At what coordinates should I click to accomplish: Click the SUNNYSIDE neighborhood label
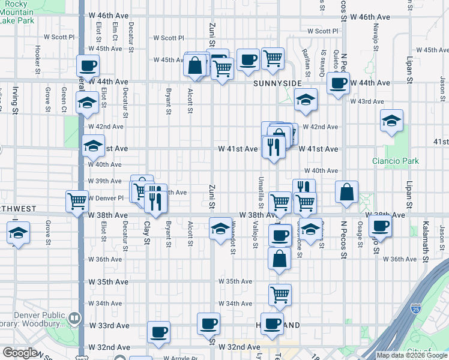point(277,83)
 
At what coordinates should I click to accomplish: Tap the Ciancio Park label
point(395,161)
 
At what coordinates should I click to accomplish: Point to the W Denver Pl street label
point(105,198)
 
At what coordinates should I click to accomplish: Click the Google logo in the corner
point(20,353)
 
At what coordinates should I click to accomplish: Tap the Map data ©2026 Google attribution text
point(412,355)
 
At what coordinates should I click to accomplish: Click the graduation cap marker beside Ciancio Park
point(392,121)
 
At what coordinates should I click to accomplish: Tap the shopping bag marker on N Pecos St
point(347,192)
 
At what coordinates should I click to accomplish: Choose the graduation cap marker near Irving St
point(19,232)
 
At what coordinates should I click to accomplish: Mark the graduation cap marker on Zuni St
point(220,228)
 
